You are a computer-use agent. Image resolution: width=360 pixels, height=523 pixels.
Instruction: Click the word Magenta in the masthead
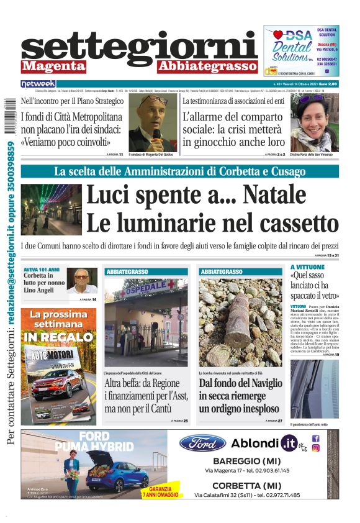click(x=54, y=66)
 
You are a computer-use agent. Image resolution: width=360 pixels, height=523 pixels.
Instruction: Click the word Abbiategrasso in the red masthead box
click(x=207, y=66)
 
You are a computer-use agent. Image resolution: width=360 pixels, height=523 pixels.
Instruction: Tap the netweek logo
click(x=38, y=84)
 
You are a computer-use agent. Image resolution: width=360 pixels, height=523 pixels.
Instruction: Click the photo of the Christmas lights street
click(x=51, y=209)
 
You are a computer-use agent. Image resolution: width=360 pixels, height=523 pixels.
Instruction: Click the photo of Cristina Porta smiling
click(x=314, y=123)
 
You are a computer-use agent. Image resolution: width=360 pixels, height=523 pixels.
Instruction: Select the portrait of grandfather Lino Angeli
click(x=82, y=281)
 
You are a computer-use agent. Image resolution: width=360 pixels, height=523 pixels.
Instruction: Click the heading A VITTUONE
click(x=307, y=267)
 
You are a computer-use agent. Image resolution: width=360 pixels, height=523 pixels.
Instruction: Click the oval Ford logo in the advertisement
click(x=202, y=443)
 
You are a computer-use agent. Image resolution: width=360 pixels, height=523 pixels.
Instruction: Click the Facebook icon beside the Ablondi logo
click(x=315, y=439)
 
